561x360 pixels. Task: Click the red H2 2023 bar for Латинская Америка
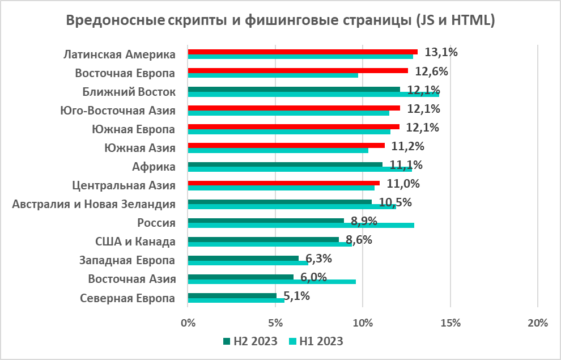(x=302, y=52)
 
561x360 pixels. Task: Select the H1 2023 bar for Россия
(x=300, y=225)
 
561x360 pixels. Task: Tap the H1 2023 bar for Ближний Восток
(x=313, y=94)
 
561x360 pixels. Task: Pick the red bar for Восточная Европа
(x=297, y=70)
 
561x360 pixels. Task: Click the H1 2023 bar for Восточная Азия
(x=271, y=281)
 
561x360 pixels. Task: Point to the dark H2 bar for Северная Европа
(x=232, y=295)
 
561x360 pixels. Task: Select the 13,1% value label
(x=441, y=53)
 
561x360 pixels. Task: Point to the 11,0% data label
(x=403, y=184)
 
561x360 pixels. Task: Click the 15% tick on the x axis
(x=450, y=323)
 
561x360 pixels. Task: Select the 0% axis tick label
(x=188, y=323)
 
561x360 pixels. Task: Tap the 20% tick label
(x=537, y=323)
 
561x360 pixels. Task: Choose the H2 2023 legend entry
(x=250, y=341)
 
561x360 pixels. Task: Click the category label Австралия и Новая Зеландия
(x=93, y=204)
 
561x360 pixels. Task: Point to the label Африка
(x=153, y=166)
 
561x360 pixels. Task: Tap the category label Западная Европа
(x=127, y=260)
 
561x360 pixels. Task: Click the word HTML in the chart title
(x=471, y=20)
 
